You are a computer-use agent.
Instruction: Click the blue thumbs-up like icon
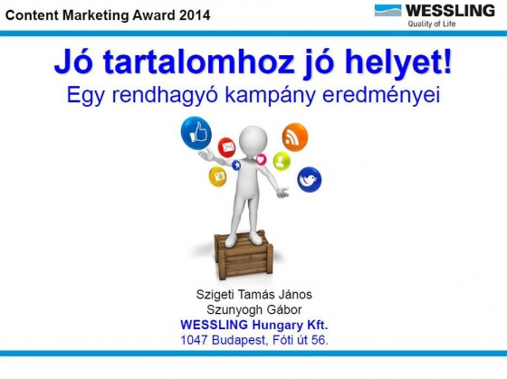click(196, 134)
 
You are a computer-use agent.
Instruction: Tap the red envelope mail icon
click(226, 147)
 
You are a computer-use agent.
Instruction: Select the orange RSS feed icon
click(295, 137)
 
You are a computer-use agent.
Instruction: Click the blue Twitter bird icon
click(310, 180)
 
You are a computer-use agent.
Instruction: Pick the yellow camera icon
click(217, 176)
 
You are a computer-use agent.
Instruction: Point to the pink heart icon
click(261, 159)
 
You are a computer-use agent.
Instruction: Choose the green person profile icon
click(282, 161)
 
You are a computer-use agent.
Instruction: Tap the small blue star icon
click(236, 166)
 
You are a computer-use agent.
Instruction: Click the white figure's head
click(253, 139)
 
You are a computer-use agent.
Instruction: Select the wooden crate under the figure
click(244, 255)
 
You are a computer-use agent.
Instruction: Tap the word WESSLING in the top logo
click(450, 11)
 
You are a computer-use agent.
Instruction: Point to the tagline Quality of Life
click(432, 24)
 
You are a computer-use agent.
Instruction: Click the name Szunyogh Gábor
click(254, 309)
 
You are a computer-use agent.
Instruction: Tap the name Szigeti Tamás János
click(254, 294)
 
